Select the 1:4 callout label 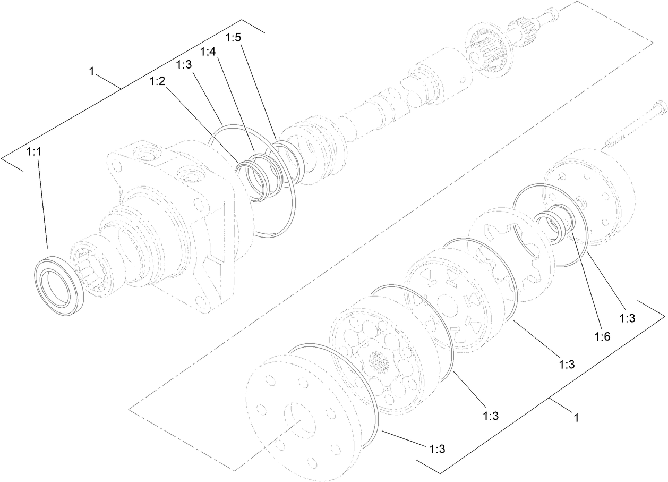[x=209, y=52]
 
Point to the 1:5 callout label [x=234, y=38]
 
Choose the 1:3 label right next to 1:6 [x=627, y=317]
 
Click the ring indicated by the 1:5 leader [x=287, y=159]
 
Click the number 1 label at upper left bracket [x=92, y=72]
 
